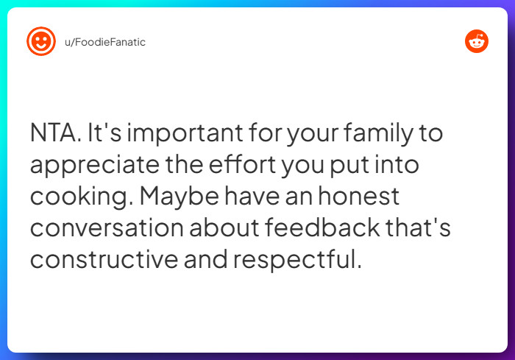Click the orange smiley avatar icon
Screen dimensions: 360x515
click(41, 41)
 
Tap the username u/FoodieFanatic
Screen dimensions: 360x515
click(104, 42)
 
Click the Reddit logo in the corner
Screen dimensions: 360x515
click(477, 41)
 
